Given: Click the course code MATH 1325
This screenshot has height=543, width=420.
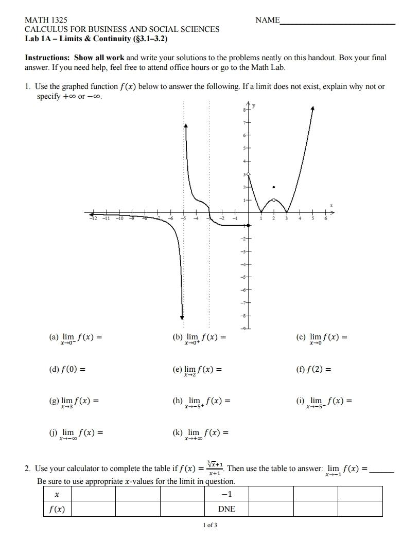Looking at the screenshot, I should (46, 20).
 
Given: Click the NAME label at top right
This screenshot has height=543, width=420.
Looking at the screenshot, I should (267, 20).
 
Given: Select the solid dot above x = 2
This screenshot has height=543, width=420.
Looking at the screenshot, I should (274, 187).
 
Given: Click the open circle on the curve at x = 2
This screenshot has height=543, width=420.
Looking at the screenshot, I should (274, 200).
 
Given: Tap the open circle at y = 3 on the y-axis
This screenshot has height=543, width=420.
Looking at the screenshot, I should (249, 175).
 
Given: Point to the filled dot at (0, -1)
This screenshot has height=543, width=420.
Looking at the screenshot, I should (249, 225).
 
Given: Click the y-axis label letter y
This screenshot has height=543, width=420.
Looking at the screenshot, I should (253, 106).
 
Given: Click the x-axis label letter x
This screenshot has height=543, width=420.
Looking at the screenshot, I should (331, 206).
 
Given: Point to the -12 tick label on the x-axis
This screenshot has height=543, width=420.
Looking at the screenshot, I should (93, 219).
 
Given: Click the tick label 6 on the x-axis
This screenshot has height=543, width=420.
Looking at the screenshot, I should (325, 219).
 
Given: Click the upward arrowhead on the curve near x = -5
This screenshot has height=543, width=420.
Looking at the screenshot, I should (185, 126).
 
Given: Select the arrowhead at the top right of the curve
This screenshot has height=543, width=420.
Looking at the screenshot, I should (313, 107).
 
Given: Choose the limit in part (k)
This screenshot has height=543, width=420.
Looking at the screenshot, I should (201, 433).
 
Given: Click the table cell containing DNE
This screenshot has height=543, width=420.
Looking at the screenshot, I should (226, 509).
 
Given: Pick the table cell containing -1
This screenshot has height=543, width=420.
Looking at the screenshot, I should (226, 494).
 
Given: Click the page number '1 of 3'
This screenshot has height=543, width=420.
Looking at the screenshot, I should (210, 525).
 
